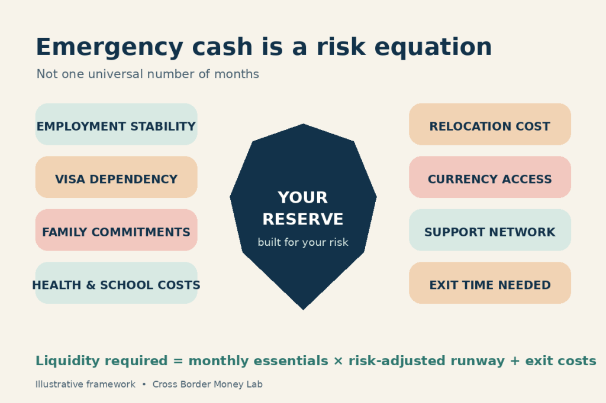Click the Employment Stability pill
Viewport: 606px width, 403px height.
pyautogui.click(x=117, y=124)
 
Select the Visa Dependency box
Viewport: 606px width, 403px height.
pyautogui.click(x=117, y=177)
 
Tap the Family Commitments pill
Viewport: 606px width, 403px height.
pyautogui.click(x=117, y=230)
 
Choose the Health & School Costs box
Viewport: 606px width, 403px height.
pyautogui.click(x=117, y=283)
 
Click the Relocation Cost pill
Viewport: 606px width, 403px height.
pyautogui.click(x=490, y=124)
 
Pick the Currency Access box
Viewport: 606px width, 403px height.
pyautogui.click(x=490, y=177)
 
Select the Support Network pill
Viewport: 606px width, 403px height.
pyautogui.click(x=490, y=230)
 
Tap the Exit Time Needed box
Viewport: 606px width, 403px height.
pyautogui.click(x=490, y=283)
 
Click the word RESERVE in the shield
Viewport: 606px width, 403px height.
pyautogui.click(x=303, y=219)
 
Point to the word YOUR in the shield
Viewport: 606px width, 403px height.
pyautogui.click(x=303, y=197)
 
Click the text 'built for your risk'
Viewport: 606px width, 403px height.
pyautogui.click(x=303, y=242)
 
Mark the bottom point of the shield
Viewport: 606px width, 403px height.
pyautogui.click(x=304, y=310)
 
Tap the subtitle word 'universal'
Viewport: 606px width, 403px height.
pyautogui.click(x=115, y=74)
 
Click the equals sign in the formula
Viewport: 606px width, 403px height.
pyautogui.click(x=178, y=361)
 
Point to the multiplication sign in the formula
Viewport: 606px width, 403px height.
pyautogui.click(x=338, y=361)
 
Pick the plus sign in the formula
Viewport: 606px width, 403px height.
pyautogui.click(x=515, y=361)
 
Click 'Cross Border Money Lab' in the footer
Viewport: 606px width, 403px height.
pyautogui.click(x=208, y=385)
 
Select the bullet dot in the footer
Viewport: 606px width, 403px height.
pyautogui.click(x=144, y=385)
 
